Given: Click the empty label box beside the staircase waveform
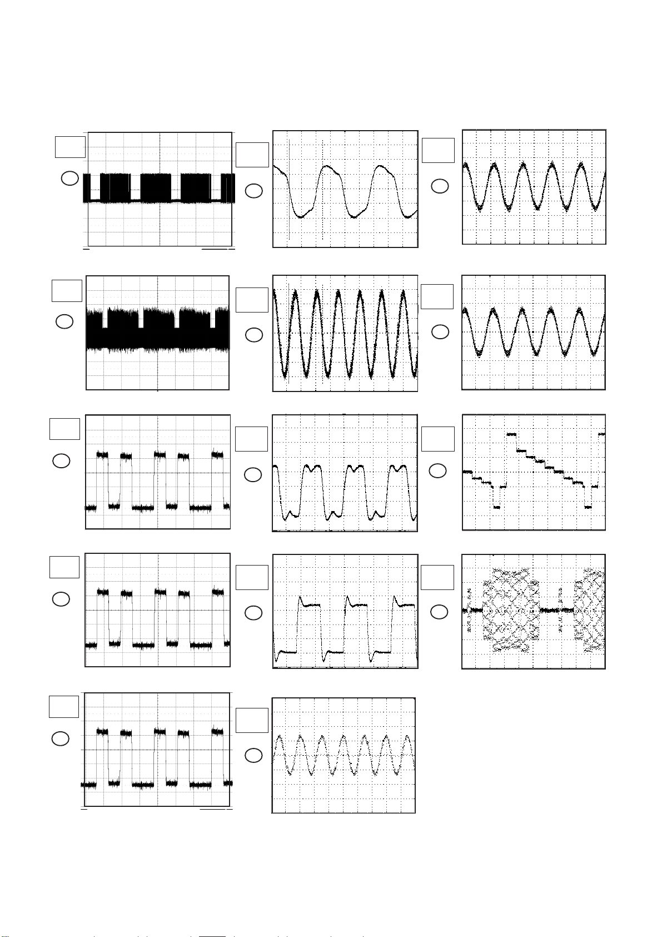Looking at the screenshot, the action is click(437, 439).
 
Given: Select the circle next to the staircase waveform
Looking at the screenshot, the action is click(437, 470).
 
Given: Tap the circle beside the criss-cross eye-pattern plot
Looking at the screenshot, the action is click(439, 612).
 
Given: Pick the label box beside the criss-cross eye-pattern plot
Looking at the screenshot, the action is click(437, 577).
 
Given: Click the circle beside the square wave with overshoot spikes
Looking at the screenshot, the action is click(253, 613).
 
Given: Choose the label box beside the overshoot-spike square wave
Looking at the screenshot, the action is click(252, 577).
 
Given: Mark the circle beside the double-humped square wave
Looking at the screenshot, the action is click(252, 475).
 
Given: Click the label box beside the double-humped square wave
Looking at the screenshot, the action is click(252, 439).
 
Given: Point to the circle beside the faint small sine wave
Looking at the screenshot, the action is click(253, 755).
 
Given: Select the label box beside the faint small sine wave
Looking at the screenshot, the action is click(252, 720).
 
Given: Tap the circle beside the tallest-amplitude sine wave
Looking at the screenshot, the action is click(253, 335).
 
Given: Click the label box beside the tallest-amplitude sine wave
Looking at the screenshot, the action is click(252, 300).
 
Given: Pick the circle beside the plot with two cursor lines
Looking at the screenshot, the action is click(253, 191).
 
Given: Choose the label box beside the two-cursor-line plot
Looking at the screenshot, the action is click(252, 155).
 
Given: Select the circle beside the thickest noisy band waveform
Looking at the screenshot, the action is click(65, 321).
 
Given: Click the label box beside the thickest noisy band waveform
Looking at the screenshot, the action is click(67, 291).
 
